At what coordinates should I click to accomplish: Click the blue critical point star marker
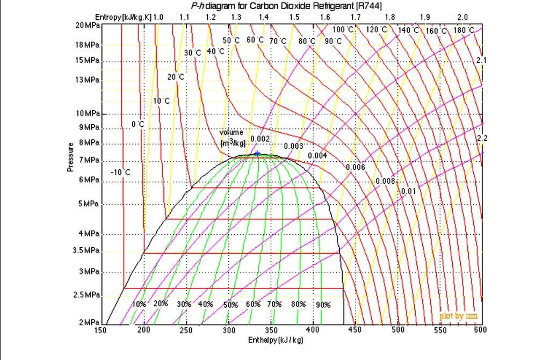coord(257,154)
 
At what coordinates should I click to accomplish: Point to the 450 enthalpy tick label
coord(355,330)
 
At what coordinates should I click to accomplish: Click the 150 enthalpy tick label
coord(100,330)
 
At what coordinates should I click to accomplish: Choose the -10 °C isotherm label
coord(120,172)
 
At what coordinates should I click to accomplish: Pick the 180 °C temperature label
coord(464,30)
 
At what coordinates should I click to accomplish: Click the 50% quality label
coord(230,305)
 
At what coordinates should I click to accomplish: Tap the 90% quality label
coord(323,305)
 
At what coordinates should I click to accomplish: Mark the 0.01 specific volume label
coord(408,191)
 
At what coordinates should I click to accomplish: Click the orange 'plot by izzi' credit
coord(458,316)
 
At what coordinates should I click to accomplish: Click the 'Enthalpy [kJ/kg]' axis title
coord(276,341)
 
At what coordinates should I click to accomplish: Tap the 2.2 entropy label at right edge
coord(482,139)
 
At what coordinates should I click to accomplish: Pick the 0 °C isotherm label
coord(138,125)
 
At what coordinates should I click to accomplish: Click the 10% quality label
coord(139,304)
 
